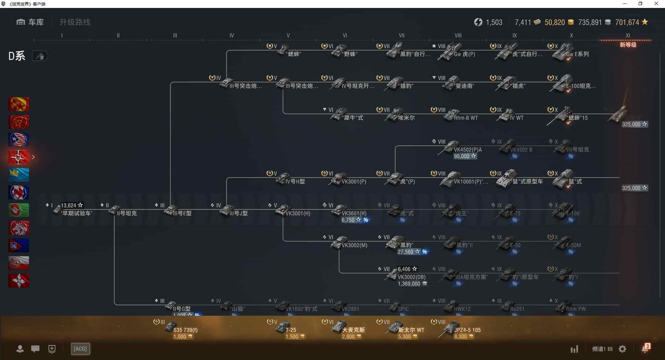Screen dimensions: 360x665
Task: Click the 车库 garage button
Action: (30, 22)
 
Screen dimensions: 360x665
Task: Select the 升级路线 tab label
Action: (75, 22)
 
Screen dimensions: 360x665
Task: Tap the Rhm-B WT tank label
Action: (465, 118)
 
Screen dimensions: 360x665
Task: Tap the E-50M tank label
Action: (573, 245)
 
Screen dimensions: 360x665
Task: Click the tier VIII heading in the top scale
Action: (458, 35)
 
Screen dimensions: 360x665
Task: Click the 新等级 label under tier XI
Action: (628, 45)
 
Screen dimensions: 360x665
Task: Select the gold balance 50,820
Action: (555, 22)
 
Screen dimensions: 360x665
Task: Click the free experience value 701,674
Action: (627, 22)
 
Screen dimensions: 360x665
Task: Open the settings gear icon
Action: (622, 349)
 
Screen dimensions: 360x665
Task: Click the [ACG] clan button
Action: (80, 349)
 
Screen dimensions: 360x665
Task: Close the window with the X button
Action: (656, 4)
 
